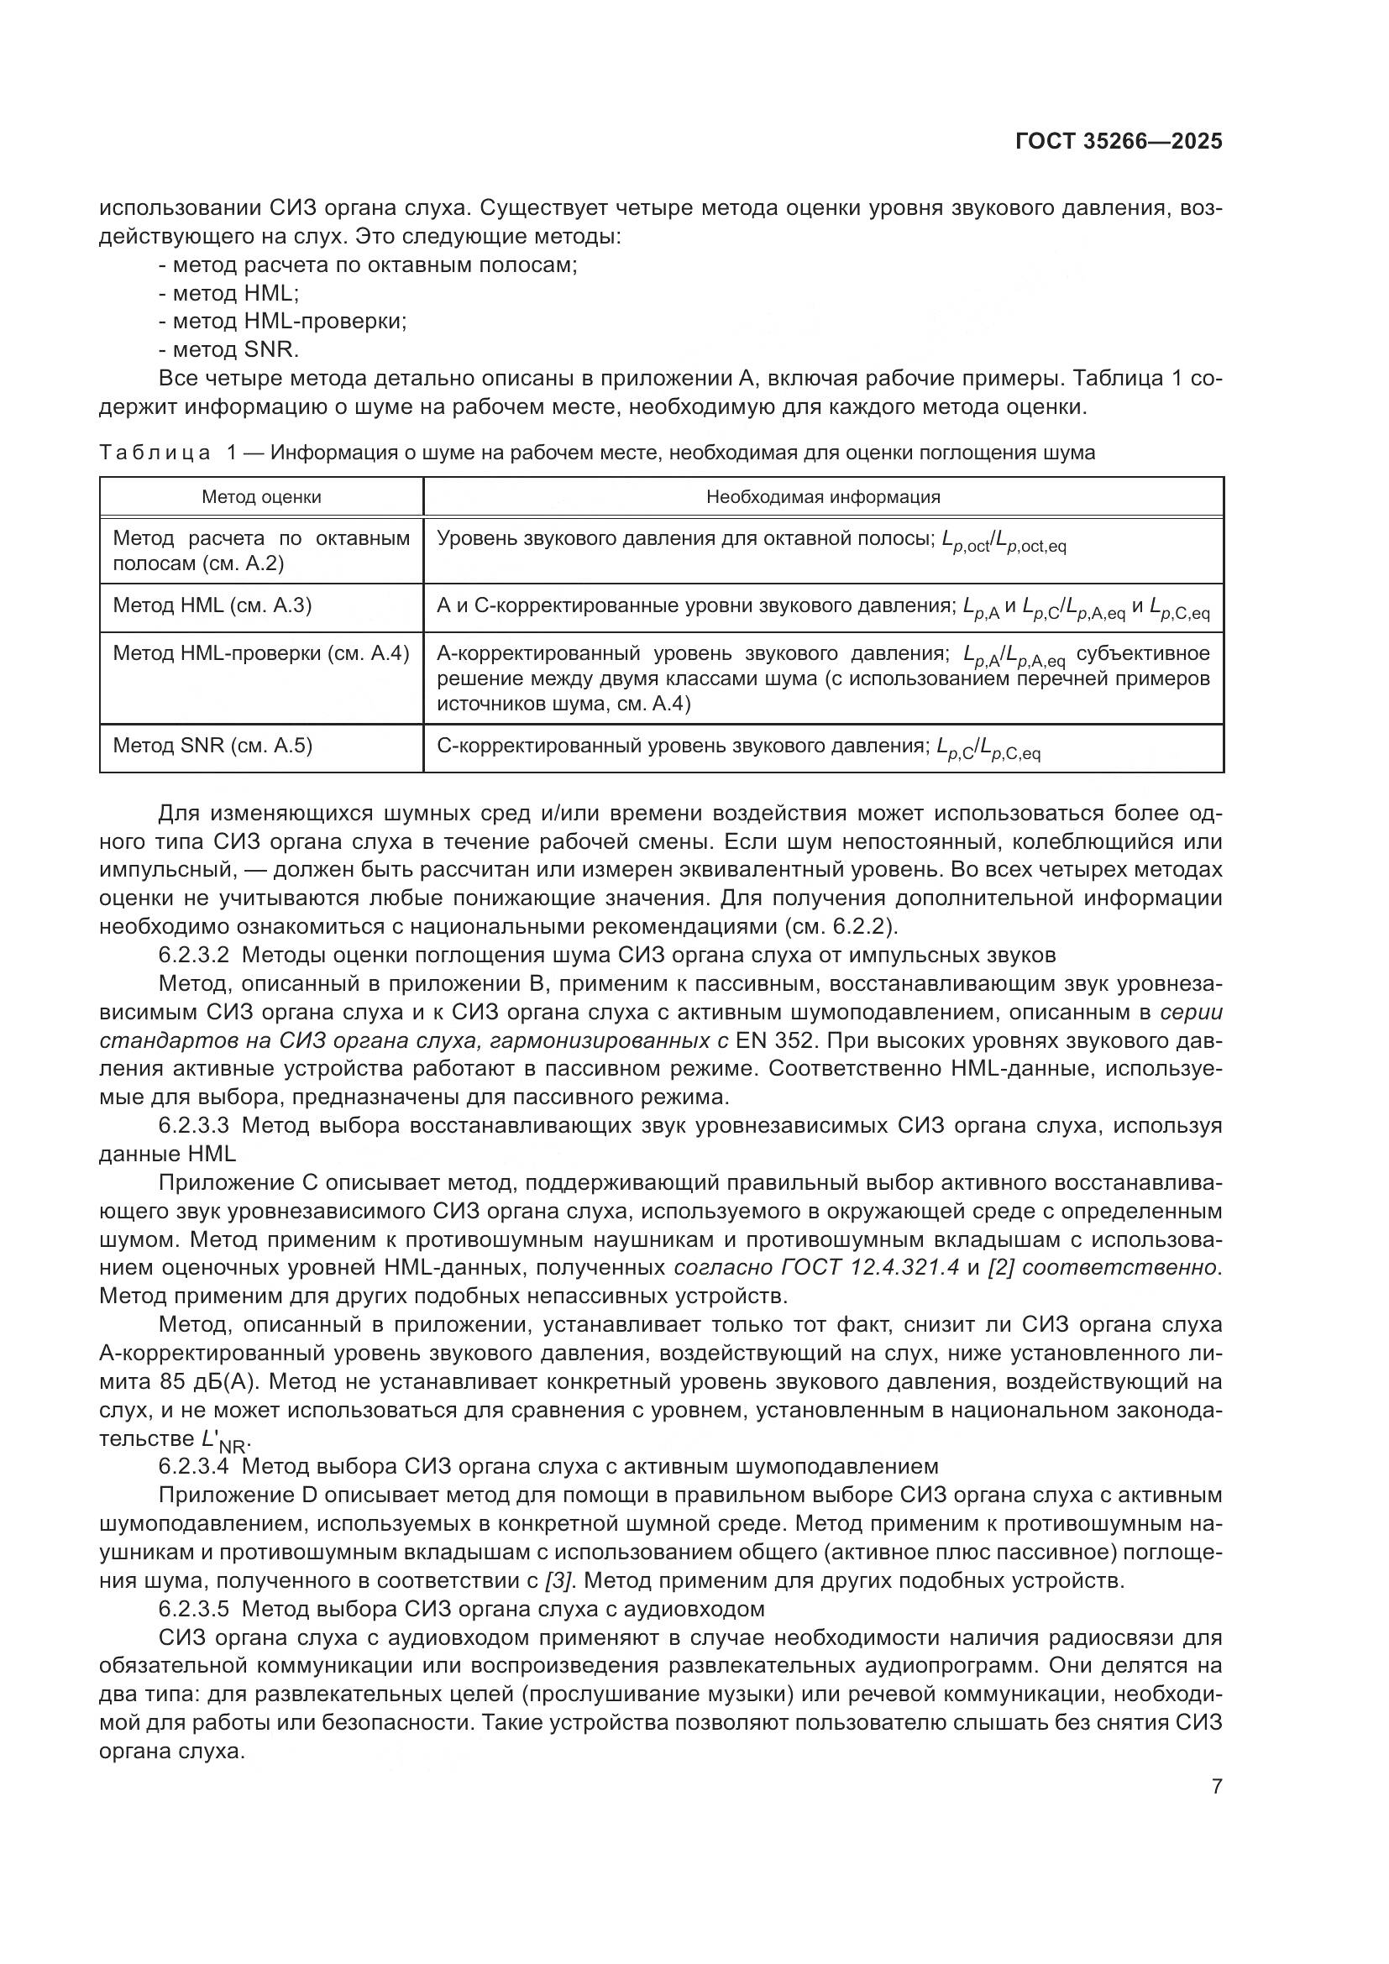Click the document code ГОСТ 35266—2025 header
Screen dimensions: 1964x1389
(x=1119, y=141)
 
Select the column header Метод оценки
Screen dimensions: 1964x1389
(x=262, y=497)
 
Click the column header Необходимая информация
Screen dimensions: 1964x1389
(x=823, y=497)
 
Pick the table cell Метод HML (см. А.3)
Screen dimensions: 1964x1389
(x=212, y=605)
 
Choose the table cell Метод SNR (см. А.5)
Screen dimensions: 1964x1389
(x=213, y=745)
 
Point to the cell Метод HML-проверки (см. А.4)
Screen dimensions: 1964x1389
(x=261, y=653)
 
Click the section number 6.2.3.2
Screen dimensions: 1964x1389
(x=193, y=955)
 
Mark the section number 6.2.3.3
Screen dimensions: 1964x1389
(x=193, y=1125)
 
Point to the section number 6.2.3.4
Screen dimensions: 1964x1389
(x=193, y=1466)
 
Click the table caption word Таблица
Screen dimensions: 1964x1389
(x=155, y=453)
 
